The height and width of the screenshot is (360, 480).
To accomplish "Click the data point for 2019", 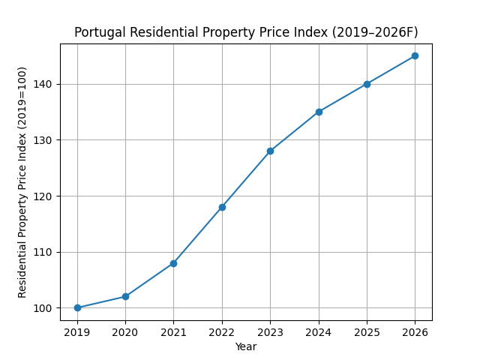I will pos(77,307).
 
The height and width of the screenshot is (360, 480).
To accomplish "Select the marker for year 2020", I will pos(125,296).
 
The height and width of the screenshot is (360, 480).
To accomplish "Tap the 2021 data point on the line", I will pos(173,263).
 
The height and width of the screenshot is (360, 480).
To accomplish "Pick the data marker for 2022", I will pos(222,207).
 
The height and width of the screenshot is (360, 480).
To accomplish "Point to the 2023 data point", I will pos(270,151).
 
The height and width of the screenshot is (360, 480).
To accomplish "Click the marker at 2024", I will pos(319,112).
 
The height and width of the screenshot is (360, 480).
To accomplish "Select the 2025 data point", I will pos(367,84).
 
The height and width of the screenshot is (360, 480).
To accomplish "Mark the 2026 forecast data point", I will pos(415,55).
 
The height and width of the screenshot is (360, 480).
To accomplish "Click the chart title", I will pos(246,32).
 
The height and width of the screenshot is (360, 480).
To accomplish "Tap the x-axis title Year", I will pos(246,346).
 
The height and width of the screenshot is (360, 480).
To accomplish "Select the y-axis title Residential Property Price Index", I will pos(22,182).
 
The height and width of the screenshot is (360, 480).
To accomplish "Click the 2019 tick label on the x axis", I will pos(77,331).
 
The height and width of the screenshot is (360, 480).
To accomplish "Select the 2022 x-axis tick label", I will pos(222,331).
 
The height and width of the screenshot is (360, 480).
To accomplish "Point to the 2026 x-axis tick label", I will pos(415,331).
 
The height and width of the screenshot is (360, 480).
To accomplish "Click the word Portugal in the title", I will pos(97,32).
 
